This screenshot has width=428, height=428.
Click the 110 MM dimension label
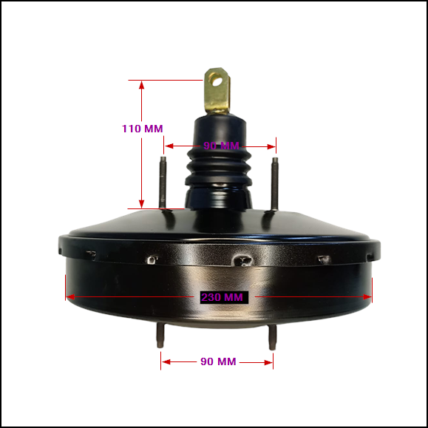(x=142, y=129)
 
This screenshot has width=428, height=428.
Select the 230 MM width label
(x=223, y=297)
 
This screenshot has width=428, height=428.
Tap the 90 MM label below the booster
(x=218, y=361)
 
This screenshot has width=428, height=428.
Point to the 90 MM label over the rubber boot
(x=222, y=146)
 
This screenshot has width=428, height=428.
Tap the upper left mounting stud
(x=163, y=183)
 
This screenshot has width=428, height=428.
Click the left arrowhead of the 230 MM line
(x=71, y=297)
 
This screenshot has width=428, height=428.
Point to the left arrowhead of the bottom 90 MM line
(x=166, y=361)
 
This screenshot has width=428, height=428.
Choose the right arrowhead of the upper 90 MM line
(x=271, y=146)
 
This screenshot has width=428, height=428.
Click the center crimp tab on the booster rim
(x=242, y=260)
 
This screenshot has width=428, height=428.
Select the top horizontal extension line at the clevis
(x=166, y=80)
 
